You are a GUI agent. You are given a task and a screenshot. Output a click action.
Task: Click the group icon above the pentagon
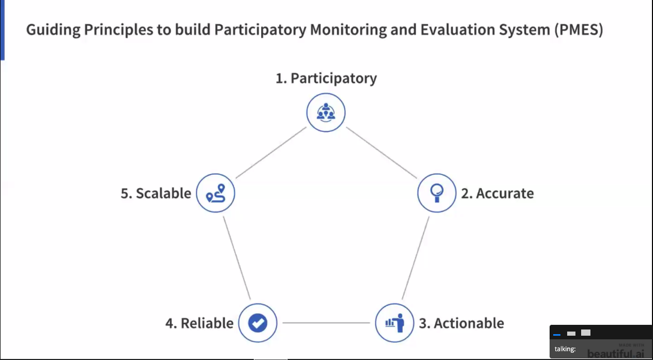click(326, 113)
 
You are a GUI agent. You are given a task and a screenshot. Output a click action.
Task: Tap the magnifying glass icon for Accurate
click(437, 193)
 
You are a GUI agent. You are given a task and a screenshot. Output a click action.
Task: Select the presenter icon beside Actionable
click(394, 323)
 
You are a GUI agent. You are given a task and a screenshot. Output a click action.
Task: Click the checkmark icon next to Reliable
click(257, 323)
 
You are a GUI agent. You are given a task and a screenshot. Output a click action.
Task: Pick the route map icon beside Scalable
click(216, 193)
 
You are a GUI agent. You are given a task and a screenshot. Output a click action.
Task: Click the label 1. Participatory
click(326, 79)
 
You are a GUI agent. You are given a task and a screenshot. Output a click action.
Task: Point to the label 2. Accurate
click(497, 193)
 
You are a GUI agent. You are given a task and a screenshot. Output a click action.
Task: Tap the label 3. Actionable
click(462, 323)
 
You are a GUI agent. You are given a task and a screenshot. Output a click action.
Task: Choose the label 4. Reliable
click(200, 323)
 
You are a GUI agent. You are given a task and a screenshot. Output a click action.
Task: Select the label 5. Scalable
click(156, 193)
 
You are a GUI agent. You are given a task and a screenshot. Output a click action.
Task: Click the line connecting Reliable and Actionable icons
click(326, 323)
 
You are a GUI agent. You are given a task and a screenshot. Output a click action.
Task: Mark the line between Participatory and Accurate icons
click(382, 153)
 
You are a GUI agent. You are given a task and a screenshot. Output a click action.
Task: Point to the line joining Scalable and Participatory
click(271, 153)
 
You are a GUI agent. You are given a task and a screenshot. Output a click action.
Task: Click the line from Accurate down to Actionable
click(415, 258)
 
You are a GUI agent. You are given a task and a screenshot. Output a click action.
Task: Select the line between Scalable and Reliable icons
click(237, 258)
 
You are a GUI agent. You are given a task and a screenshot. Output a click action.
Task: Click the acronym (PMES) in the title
click(579, 30)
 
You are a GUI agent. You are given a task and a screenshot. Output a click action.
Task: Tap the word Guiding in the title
click(53, 30)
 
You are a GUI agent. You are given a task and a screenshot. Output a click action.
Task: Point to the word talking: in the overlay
click(565, 349)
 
